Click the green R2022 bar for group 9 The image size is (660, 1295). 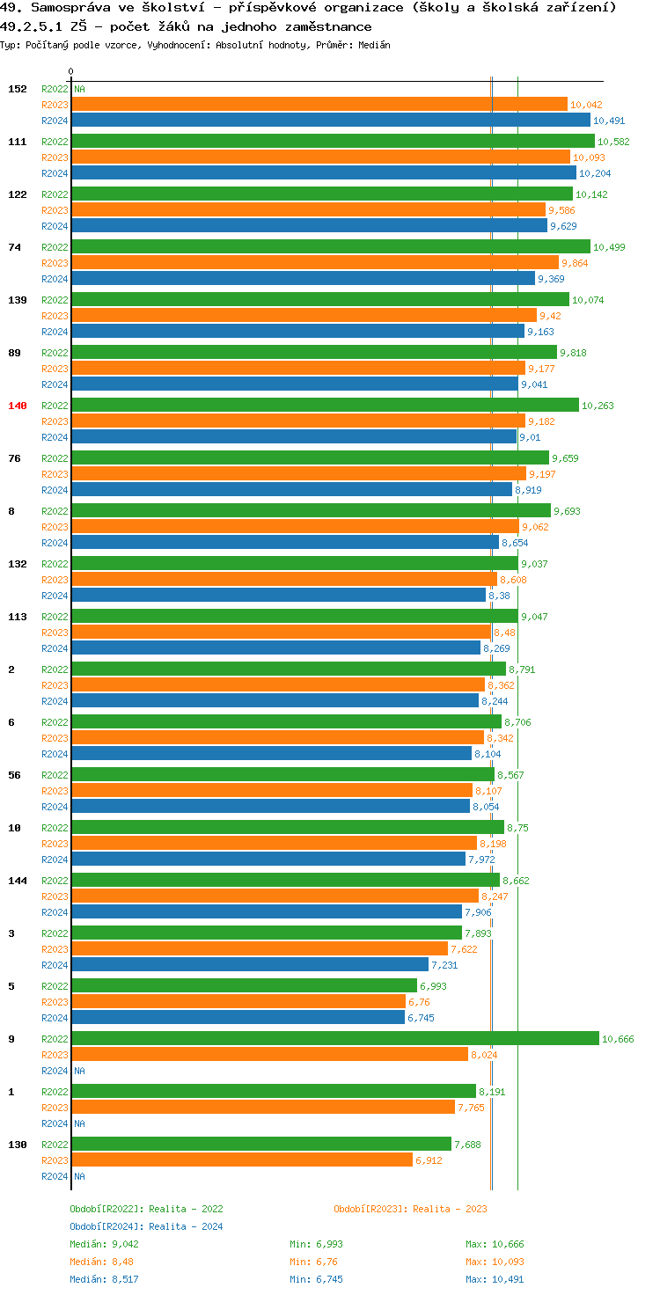334,1039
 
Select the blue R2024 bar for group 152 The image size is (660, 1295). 330,121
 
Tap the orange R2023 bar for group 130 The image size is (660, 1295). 242,1160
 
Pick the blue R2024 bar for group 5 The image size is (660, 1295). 238,1018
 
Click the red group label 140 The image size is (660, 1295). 18,406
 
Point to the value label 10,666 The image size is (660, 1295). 618,1039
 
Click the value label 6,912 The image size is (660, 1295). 429,1160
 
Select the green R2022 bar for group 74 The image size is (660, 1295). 330,247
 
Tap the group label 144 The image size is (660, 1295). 18,881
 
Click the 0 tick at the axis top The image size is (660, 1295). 71,71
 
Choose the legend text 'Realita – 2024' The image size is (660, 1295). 186,1226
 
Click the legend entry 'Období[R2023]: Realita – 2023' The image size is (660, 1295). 410,1209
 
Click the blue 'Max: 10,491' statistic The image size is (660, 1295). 495,1279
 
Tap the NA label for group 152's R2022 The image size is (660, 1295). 79,89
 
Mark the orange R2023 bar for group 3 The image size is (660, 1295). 260,949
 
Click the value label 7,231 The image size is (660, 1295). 444,965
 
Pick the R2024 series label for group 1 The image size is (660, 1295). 55,1123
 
